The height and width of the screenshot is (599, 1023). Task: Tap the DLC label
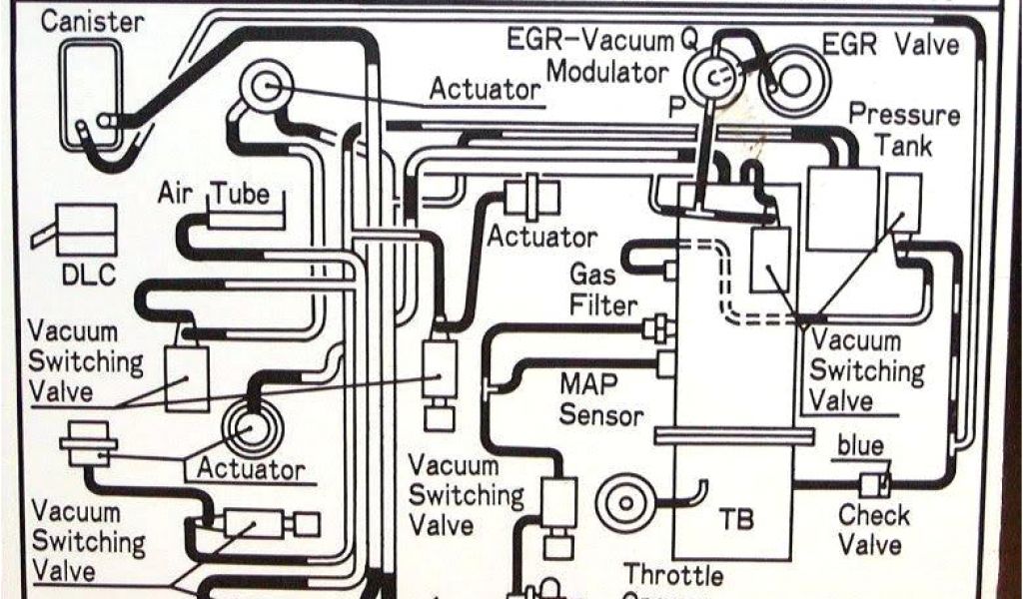[x=89, y=275]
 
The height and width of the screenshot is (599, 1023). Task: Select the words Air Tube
[x=213, y=193]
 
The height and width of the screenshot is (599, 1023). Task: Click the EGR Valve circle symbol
[x=788, y=76]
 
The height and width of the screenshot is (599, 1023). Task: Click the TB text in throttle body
[x=735, y=519]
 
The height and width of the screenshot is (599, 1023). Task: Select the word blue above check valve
[x=860, y=446]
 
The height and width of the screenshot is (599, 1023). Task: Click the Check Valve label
[x=873, y=530]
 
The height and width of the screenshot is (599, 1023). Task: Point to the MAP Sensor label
[x=600, y=398]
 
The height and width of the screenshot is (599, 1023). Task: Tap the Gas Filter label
[x=602, y=288]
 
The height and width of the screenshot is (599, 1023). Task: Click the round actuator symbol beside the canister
[x=266, y=86]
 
